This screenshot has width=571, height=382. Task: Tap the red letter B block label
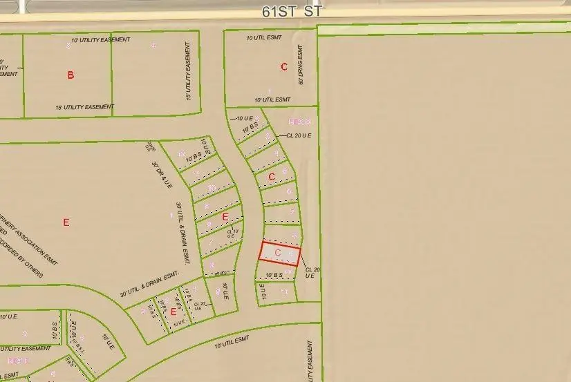point(71,75)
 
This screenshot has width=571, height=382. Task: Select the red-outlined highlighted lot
point(280,254)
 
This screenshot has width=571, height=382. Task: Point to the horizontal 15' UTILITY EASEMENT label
point(84,107)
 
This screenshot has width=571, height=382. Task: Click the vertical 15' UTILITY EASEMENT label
point(188,71)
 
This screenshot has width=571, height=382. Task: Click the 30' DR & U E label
point(162,175)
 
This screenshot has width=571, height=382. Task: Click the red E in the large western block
point(66,222)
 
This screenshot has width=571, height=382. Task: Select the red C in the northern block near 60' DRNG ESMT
point(283,67)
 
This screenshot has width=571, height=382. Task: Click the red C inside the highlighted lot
point(277,253)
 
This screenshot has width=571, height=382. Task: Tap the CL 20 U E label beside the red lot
point(312,272)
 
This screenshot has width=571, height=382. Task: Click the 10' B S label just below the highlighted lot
point(265,275)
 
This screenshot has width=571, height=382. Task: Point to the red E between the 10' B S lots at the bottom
point(174,312)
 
